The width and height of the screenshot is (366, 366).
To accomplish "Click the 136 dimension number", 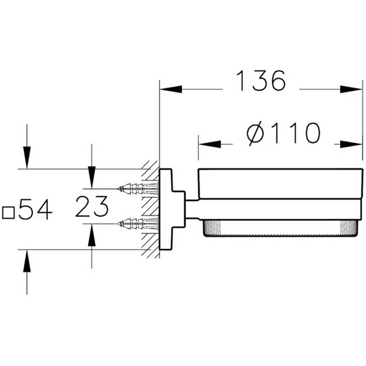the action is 261,81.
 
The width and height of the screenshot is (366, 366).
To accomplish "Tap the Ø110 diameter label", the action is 283,133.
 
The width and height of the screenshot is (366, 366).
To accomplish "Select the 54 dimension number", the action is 36,209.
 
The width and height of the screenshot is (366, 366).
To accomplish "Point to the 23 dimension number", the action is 92,207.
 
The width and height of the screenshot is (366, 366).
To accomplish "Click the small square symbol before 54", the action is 8,213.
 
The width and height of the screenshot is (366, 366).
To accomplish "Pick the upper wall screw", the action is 138,188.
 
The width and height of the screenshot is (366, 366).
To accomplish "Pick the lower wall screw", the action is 138,224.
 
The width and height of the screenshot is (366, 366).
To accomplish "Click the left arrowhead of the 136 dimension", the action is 171,89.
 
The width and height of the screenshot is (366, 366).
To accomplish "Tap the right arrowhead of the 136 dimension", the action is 351,89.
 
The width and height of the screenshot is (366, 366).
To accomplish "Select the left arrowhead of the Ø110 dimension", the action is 209,144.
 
